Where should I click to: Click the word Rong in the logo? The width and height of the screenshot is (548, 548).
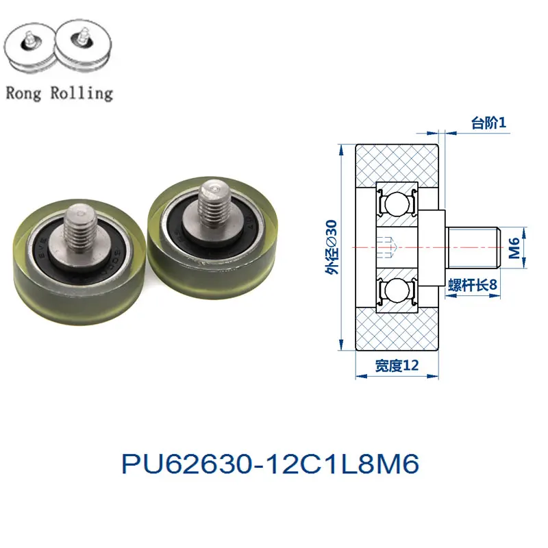pyautogui.click(x=23, y=93)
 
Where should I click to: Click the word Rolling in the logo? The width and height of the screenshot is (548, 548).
pyautogui.click(x=82, y=92)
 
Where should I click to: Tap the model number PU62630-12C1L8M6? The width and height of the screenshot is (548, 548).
pyautogui.click(x=270, y=464)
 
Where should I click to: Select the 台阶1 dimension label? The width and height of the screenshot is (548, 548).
pyautogui.click(x=488, y=123)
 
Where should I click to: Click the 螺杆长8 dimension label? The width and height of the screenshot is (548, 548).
pyautogui.click(x=473, y=285)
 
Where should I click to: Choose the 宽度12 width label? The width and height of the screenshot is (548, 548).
pyautogui.click(x=397, y=365)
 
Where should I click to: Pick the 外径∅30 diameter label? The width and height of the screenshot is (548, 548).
pyautogui.click(x=332, y=247)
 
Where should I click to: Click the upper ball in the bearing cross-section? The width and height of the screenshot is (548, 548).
pyautogui.click(x=397, y=204)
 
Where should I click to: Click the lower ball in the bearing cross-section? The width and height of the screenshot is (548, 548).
pyautogui.click(x=397, y=290)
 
